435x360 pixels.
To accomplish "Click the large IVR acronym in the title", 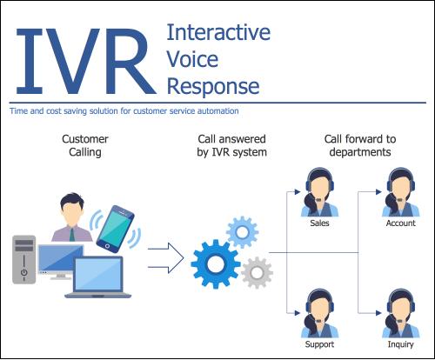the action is (86, 62).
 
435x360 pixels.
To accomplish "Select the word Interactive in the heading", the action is (218, 32).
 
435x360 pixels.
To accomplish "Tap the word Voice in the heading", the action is (192, 59).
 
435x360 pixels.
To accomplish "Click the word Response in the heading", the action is (213, 87).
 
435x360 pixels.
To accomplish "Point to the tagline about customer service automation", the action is (124, 111).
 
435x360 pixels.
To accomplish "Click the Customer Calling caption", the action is (85, 145).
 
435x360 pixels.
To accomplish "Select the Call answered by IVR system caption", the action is (231, 145).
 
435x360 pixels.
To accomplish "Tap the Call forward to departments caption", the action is (360, 145).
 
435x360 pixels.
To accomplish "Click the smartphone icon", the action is (116, 229).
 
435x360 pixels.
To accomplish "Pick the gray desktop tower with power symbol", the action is (24, 260).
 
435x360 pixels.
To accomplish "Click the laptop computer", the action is (98, 277).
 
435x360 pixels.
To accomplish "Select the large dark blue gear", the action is (216, 264).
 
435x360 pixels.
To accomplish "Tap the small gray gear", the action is (257, 272).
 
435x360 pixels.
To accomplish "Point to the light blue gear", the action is (242, 232).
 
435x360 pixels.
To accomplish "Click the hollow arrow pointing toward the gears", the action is (166, 258).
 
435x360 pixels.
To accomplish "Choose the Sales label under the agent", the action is (319, 223).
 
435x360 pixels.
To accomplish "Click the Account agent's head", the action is (400, 185).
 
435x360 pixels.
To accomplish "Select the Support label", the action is (319, 344).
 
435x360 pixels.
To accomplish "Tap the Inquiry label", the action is (401, 344).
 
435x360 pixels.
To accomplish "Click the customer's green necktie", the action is (71, 235).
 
